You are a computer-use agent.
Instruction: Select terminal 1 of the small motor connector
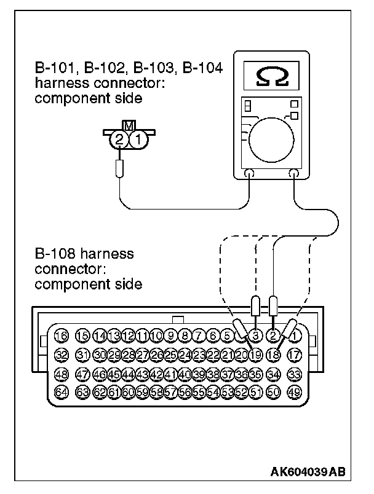point(138,140)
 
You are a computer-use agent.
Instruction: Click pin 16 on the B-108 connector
point(61,335)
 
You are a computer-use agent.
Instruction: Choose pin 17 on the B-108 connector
point(294,355)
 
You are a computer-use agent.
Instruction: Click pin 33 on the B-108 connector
point(294,373)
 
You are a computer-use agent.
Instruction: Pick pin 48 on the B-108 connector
point(61,373)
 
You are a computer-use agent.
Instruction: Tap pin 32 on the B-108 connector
point(61,355)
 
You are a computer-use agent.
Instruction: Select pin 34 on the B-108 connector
point(274,373)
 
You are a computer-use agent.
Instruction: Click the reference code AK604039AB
point(308,472)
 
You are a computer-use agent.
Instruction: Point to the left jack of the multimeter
point(249,174)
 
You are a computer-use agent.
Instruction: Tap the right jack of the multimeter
point(294,174)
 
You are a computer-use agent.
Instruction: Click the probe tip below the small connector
point(121,168)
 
